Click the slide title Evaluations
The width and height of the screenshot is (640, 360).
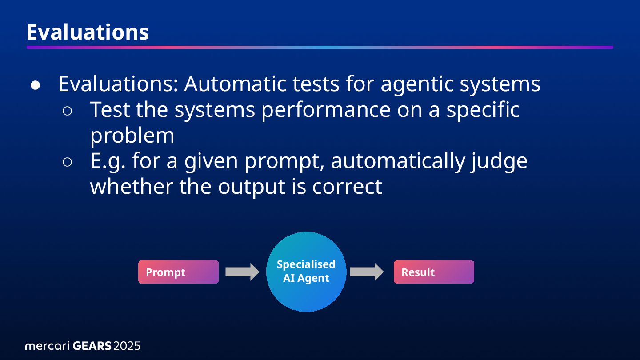point(88,32)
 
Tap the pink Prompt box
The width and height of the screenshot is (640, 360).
point(178,272)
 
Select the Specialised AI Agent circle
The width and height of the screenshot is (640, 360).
point(306,272)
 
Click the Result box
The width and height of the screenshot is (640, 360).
point(434,272)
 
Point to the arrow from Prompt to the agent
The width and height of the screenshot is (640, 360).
point(242,272)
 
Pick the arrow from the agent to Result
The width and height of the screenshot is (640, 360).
point(366,272)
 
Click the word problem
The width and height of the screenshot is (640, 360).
point(132,136)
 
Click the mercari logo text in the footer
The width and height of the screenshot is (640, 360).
point(47,346)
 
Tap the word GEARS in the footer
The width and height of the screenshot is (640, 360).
point(92,346)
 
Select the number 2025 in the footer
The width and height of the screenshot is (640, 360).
point(127,346)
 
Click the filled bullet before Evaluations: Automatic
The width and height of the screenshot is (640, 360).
point(36,84)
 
